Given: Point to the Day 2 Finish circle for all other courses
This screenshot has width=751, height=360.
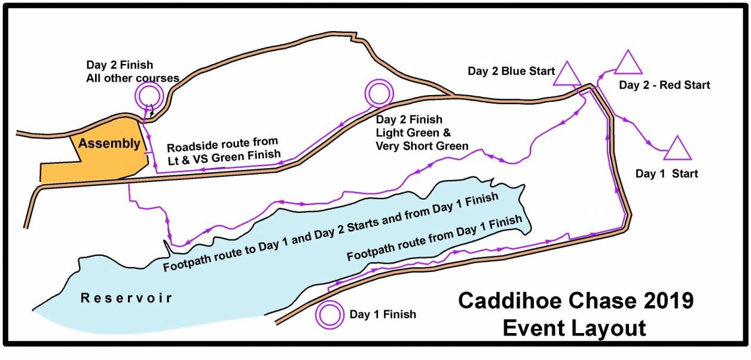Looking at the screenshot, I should click(148, 94).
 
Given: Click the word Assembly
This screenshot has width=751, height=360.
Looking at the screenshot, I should click(109, 144).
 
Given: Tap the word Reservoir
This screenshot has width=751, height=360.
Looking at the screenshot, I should click(127, 298).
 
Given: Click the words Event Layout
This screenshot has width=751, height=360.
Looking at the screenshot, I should click(574, 328).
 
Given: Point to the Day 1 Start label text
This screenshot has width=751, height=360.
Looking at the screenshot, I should click(667, 174).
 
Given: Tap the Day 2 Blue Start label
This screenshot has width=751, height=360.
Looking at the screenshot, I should click(512, 72).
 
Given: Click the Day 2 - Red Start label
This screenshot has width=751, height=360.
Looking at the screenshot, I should click(664, 85).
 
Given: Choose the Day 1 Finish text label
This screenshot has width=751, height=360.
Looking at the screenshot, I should click(383, 314).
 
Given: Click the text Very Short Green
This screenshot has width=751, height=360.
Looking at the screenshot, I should click(422, 146).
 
